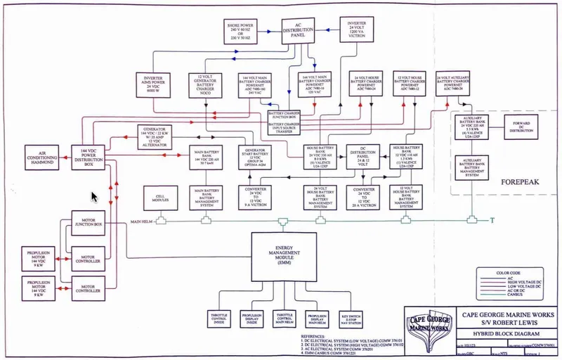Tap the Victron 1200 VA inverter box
[x=358, y=30]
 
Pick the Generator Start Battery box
[x=254, y=157]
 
